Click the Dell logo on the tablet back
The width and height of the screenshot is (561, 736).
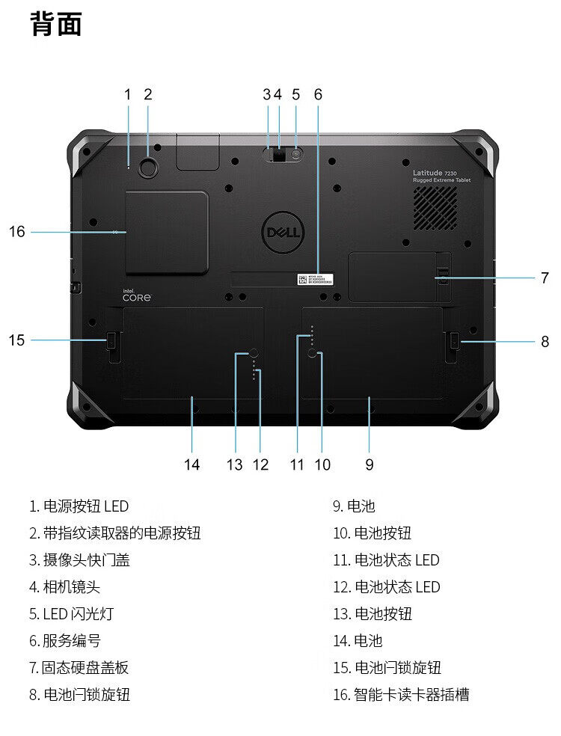[283, 233]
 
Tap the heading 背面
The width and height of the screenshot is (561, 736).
[56, 25]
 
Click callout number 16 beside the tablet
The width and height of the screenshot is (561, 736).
[17, 232]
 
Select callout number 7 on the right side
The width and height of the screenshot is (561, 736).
[545, 278]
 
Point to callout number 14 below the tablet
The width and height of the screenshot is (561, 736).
[192, 464]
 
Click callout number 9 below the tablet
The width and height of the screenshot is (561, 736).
[370, 464]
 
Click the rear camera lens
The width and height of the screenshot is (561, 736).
[279, 155]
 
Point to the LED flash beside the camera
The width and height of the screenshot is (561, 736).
[296, 155]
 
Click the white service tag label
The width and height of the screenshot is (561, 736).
[315, 280]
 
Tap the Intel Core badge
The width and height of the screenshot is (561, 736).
[137, 295]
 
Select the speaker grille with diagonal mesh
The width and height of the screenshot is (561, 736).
[435, 208]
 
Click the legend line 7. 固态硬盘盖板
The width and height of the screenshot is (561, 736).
[79, 668]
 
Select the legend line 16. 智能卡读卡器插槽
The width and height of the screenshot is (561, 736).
[401, 695]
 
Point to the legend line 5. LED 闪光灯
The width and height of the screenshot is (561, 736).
[72, 614]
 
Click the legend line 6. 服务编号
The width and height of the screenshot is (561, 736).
[65, 641]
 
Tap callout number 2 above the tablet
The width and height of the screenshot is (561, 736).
[148, 94]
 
